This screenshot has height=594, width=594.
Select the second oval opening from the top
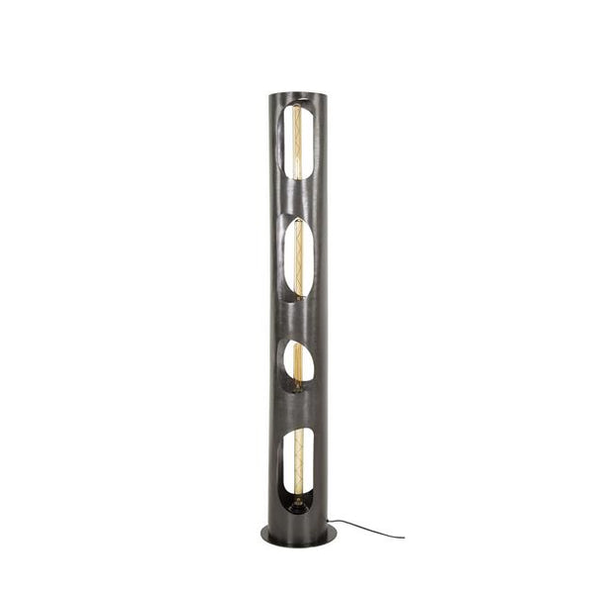298,256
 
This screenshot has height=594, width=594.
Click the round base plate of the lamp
297,536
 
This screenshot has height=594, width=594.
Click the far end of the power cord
403,537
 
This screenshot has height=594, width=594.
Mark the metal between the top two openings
298,204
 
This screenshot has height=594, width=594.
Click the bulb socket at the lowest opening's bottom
296,505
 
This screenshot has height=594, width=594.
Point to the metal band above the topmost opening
297,100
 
